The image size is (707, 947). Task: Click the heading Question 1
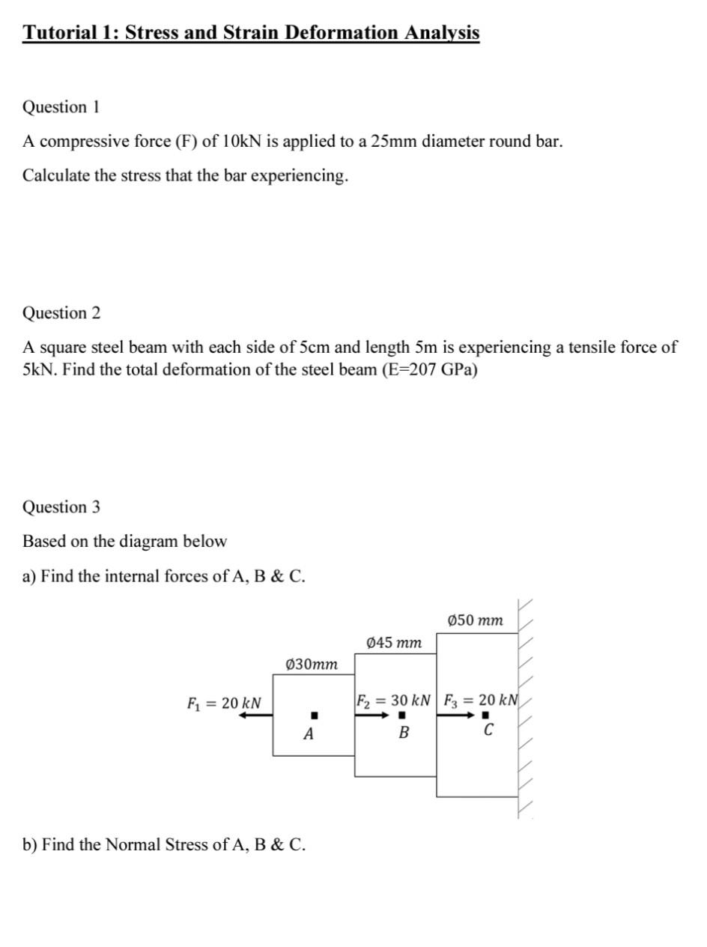coord(61,107)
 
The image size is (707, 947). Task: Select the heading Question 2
coord(61,313)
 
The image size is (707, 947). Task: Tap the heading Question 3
coord(61,507)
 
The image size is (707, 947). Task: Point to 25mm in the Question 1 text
coord(394,142)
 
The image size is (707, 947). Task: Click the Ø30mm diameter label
coord(312,665)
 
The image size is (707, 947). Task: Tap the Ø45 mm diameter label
coord(395,643)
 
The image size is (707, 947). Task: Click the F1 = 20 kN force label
coord(224,704)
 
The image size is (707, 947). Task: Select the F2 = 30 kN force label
coord(394,701)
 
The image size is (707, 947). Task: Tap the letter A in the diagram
coord(309,735)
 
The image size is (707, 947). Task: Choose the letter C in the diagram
coord(488,730)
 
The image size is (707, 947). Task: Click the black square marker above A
coord(315,715)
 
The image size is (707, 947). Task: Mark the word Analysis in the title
coord(442,33)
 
